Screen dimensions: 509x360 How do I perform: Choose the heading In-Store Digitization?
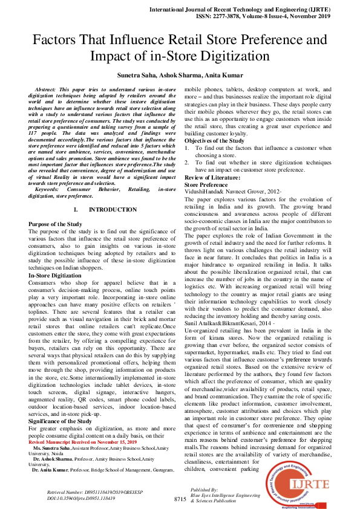click(x=55, y=276)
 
